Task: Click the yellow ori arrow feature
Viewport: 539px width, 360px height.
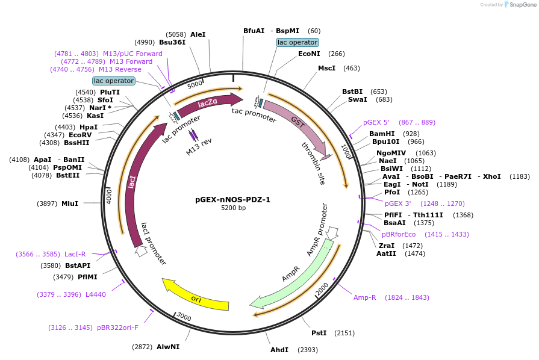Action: (x=196, y=295)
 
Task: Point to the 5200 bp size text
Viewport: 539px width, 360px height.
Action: (x=233, y=208)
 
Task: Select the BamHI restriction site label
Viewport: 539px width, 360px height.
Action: (x=382, y=134)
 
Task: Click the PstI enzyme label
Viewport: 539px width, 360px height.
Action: (x=319, y=333)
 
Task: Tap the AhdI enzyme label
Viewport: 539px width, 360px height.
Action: (x=279, y=350)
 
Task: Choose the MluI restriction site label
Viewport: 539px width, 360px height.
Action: (x=70, y=203)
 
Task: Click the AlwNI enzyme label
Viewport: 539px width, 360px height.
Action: (x=168, y=347)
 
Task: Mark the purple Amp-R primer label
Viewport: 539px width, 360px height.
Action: (x=365, y=297)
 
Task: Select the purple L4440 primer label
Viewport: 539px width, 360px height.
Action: (x=95, y=294)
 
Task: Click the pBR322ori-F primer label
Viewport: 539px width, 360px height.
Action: (x=117, y=327)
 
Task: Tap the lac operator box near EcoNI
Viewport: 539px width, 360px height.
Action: (x=297, y=43)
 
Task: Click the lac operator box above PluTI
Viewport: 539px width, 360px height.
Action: (x=113, y=81)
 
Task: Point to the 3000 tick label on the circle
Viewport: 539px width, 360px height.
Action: (x=183, y=318)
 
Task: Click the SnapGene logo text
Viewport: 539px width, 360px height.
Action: (x=520, y=4)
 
